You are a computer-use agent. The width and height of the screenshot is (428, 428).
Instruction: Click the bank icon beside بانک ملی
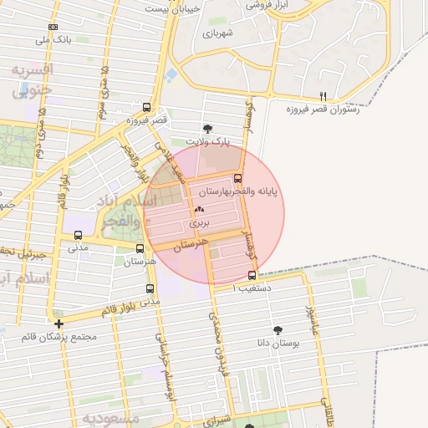tap(54, 27)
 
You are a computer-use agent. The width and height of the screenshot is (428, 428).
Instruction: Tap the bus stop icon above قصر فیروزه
tap(147, 107)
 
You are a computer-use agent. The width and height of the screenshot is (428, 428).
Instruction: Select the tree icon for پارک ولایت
tap(207, 129)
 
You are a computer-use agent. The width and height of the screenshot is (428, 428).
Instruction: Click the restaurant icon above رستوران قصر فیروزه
tap(324, 96)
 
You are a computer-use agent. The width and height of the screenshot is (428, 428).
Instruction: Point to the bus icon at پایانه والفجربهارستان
tap(238, 178)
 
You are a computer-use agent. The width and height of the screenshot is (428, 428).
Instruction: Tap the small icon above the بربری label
tap(199, 210)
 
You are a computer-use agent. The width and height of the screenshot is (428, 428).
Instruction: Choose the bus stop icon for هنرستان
tap(140, 248)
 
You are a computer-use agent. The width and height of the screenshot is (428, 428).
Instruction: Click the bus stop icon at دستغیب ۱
tap(252, 275)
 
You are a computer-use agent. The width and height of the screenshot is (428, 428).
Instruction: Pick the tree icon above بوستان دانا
tap(278, 330)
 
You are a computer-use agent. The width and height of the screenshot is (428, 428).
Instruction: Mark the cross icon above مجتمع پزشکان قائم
tap(59, 324)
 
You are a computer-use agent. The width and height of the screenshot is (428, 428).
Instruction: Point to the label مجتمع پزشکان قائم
tap(60, 337)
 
